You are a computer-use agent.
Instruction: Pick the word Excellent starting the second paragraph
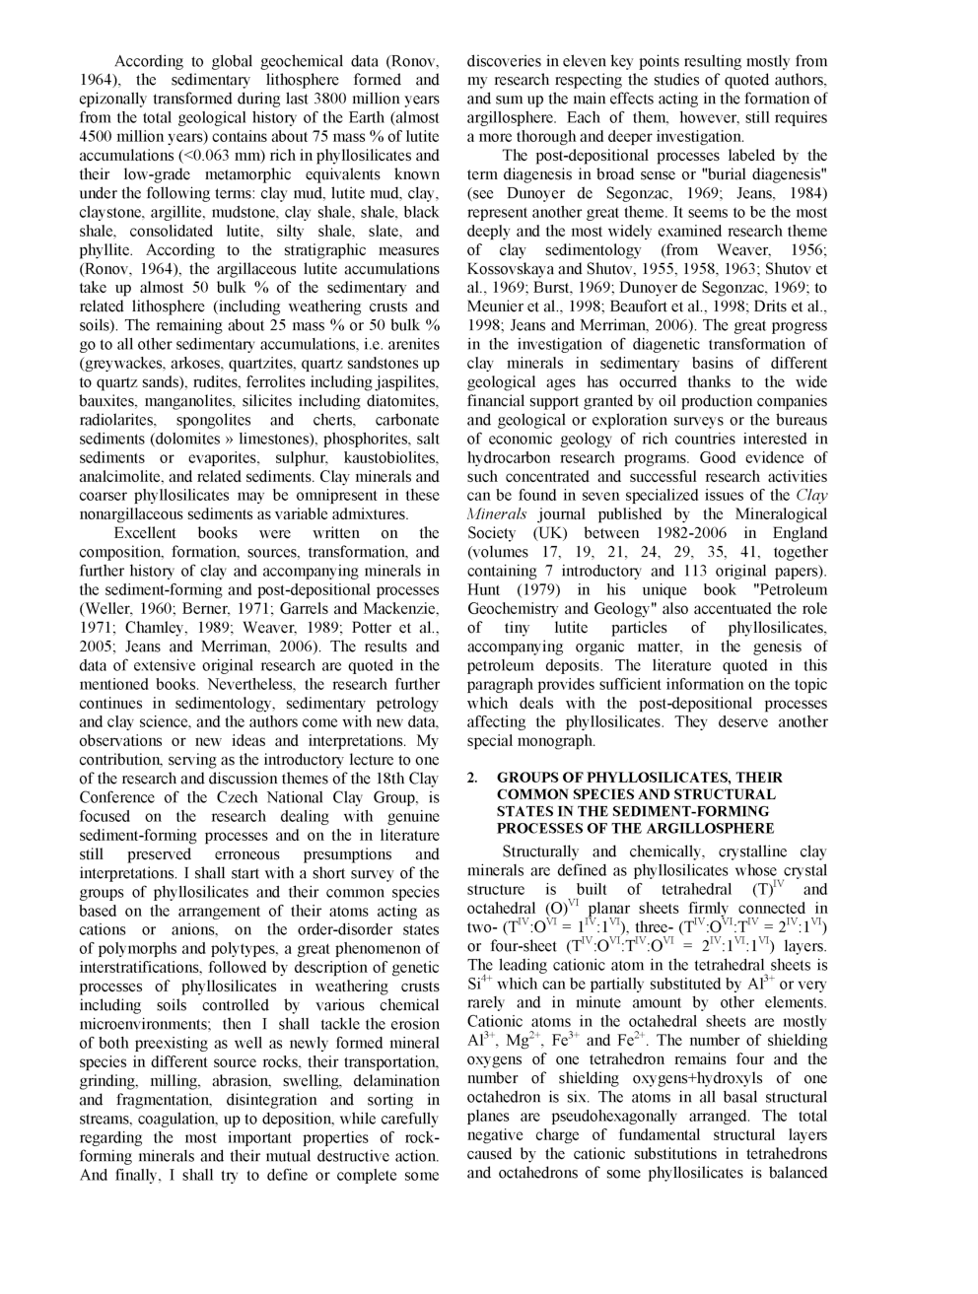click(147, 533)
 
